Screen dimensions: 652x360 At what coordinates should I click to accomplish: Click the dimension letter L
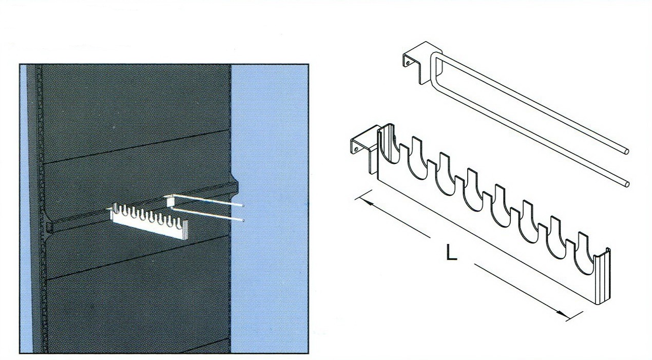pyautogui.click(x=451, y=252)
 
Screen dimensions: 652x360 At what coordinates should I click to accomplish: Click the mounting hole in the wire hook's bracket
pyautogui.click(x=408, y=62)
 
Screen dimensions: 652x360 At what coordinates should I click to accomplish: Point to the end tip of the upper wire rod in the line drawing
pyautogui.click(x=627, y=151)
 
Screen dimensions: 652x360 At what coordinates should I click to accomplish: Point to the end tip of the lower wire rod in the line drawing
pyautogui.click(x=627, y=184)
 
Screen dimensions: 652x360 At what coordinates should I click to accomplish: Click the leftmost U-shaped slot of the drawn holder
pyautogui.click(x=390, y=146)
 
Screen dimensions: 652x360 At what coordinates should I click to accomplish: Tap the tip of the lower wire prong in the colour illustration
pyautogui.click(x=243, y=221)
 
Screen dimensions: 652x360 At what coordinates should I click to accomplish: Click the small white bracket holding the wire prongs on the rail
pyautogui.click(x=169, y=201)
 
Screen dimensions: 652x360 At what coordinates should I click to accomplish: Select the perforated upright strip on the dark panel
pyautogui.click(x=41, y=209)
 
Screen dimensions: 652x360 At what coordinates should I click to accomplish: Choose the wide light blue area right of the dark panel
pyautogui.click(x=269, y=209)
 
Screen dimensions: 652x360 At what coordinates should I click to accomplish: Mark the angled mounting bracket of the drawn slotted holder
pyautogui.click(x=365, y=148)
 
